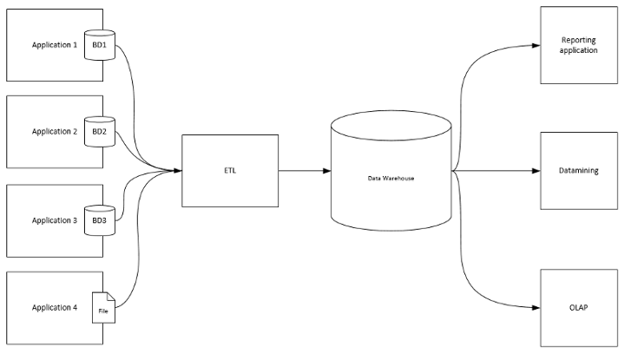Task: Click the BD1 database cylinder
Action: click(x=100, y=44)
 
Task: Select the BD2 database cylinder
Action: click(x=100, y=132)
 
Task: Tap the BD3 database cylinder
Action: click(x=100, y=220)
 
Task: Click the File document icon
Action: click(x=103, y=307)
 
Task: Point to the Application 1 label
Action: click(x=54, y=44)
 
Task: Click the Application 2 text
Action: click(x=54, y=132)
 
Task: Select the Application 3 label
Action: click(x=54, y=220)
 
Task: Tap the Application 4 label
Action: click(x=54, y=307)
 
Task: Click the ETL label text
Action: click(x=230, y=170)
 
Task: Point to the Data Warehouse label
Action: click(x=390, y=177)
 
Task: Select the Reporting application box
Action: click(x=578, y=45)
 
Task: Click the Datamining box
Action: click(x=578, y=171)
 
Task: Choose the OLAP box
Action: click(x=578, y=308)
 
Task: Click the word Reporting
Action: click(x=579, y=40)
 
